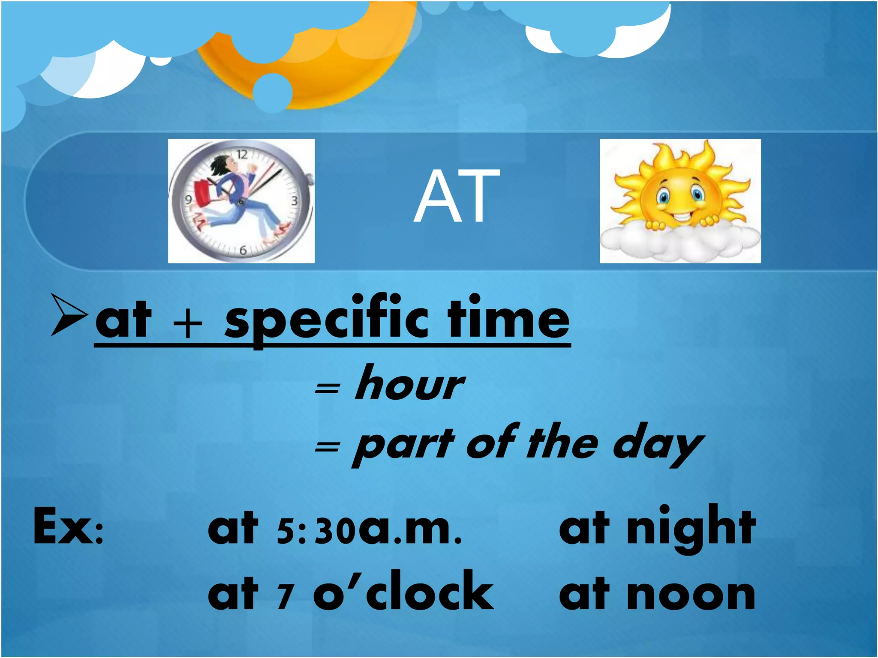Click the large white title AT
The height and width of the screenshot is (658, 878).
pyautogui.click(x=457, y=196)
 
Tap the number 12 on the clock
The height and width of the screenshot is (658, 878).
pyautogui.click(x=242, y=154)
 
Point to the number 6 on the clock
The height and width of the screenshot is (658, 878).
pyautogui.click(x=243, y=250)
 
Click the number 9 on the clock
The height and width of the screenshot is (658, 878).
pyautogui.click(x=188, y=200)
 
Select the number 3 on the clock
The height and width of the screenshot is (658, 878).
pyautogui.click(x=295, y=200)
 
